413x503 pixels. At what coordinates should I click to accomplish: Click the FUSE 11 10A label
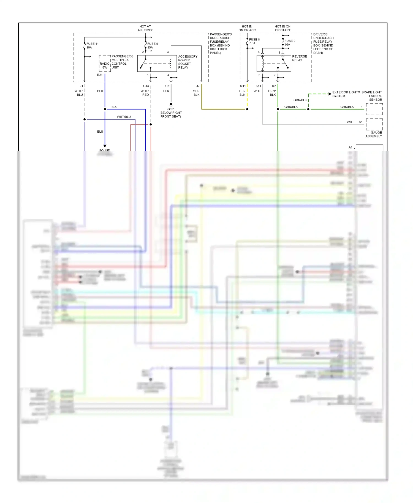pyautogui.click(x=92, y=46)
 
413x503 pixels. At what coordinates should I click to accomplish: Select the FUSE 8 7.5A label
pyautogui.click(x=254, y=41)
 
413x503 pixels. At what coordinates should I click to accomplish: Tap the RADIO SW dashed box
pyautogui.click(x=105, y=64)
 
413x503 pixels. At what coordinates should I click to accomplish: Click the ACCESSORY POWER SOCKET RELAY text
pyautogui.click(x=188, y=62)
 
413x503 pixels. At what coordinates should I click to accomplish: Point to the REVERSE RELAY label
pyautogui.click(x=299, y=58)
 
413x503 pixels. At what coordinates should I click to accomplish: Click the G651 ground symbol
pyautogui.click(x=171, y=105)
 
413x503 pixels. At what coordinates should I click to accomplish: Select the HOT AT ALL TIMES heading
pyautogui.click(x=145, y=28)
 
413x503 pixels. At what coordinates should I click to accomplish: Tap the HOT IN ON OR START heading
pyautogui.click(x=282, y=28)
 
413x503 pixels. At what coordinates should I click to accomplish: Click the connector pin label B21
pyautogui.click(x=100, y=75)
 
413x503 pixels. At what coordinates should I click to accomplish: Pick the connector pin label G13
pyautogui.click(x=146, y=86)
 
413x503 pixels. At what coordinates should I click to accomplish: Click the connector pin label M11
pyautogui.click(x=243, y=86)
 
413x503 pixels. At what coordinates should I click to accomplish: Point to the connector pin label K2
pyautogui.click(x=274, y=86)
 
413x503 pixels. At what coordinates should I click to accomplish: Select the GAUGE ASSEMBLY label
pyautogui.click(x=374, y=134)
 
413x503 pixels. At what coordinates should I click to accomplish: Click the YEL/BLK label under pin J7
pyautogui.click(x=196, y=93)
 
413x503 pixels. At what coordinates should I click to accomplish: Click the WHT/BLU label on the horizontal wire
pyautogui.click(x=124, y=117)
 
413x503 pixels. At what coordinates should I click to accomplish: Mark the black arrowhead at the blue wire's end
pyautogui.click(x=105, y=146)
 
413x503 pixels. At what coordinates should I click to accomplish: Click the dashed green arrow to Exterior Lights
pyautogui.click(x=329, y=94)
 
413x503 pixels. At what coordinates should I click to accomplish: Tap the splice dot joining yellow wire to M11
pyautogui.click(x=247, y=109)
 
